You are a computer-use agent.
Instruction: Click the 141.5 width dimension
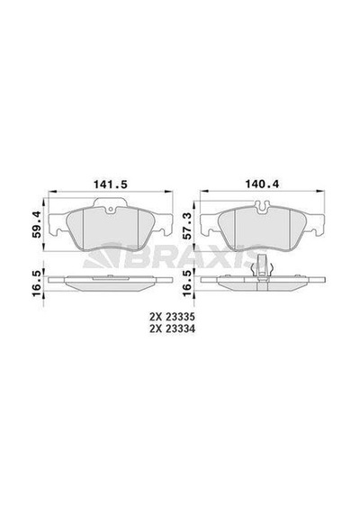tap(111, 184)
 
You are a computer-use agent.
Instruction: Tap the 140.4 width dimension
tap(263, 184)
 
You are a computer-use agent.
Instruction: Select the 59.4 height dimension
tap(37, 224)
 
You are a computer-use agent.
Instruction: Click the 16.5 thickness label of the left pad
tap(37, 283)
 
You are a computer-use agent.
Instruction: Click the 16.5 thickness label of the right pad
tap(188, 283)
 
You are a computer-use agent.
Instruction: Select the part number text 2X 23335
tap(172, 317)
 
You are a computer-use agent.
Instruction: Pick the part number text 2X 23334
tap(172, 328)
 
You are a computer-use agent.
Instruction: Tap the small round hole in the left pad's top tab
tap(111, 210)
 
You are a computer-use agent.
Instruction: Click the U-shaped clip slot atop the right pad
tap(262, 207)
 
